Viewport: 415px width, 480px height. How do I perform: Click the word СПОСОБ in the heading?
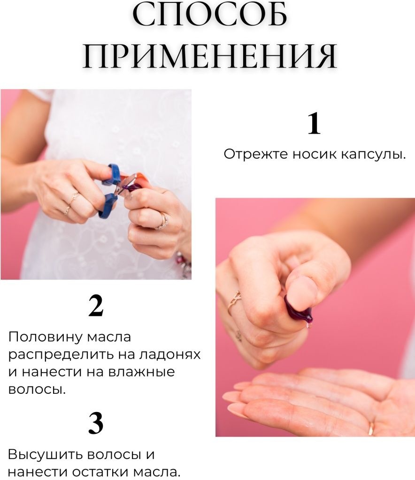tap(210, 15)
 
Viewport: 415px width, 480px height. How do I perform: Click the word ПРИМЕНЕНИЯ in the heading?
tap(210, 57)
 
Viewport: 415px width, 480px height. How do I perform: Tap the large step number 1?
tap(314, 123)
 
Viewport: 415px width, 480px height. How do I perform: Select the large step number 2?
tap(96, 306)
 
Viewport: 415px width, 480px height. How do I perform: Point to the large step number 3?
tap(96, 423)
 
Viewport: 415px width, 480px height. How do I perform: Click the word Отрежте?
tap(256, 154)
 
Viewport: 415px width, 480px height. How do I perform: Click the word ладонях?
tap(170, 355)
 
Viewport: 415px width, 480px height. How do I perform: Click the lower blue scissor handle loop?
tap(108, 206)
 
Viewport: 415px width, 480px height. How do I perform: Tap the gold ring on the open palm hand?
tap(371, 428)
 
